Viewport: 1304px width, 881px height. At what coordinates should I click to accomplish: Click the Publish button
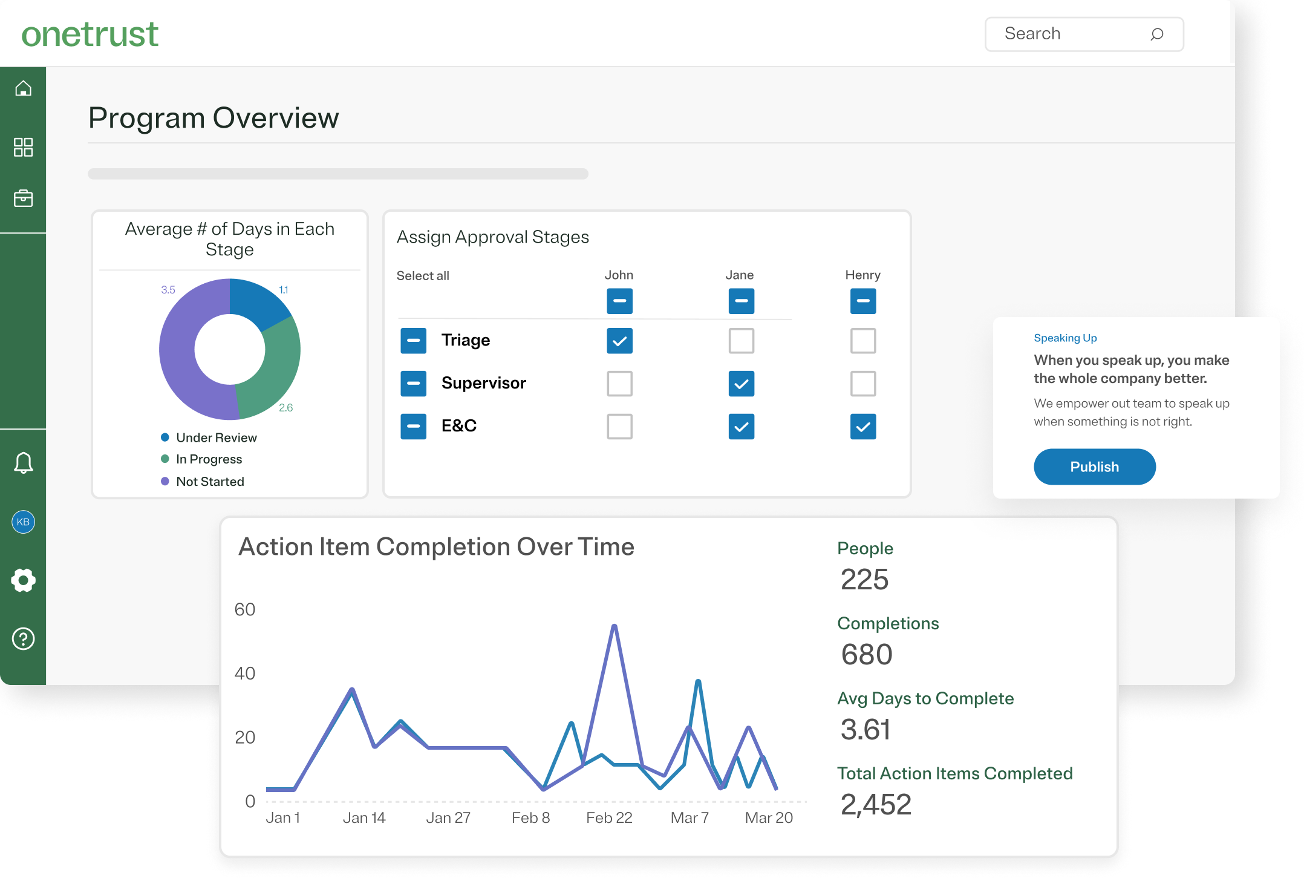[x=1094, y=467]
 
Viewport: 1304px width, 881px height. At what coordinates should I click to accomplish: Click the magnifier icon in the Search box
[x=1156, y=34]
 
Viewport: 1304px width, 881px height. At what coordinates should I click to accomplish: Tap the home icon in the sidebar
[x=23, y=88]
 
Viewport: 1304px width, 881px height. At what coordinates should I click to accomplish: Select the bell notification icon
[x=23, y=463]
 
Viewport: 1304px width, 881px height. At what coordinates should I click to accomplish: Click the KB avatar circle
[x=23, y=522]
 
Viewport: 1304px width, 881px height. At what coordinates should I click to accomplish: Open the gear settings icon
[x=23, y=580]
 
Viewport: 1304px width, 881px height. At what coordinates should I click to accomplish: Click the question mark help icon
[x=23, y=638]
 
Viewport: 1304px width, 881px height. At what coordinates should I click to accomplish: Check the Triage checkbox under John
[x=619, y=341]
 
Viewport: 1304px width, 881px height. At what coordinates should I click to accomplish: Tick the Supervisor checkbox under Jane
[x=741, y=384]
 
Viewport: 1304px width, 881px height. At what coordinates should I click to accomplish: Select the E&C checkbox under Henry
[x=862, y=427]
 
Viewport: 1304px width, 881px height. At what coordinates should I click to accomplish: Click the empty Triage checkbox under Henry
[x=862, y=341]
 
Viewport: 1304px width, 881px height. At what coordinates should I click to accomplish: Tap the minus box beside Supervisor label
[x=413, y=384]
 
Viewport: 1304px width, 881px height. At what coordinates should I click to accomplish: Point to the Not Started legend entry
[x=209, y=482]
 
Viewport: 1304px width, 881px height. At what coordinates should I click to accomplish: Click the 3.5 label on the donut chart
[x=168, y=290]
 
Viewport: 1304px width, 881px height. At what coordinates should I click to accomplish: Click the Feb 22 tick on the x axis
[x=608, y=818]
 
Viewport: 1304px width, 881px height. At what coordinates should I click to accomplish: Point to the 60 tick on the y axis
[x=245, y=609]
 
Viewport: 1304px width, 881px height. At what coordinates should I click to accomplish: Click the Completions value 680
[x=866, y=655]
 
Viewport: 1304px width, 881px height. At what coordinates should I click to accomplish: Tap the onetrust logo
[x=90, y=34]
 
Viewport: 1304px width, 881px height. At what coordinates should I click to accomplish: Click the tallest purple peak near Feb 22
[x=614, y=627]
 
